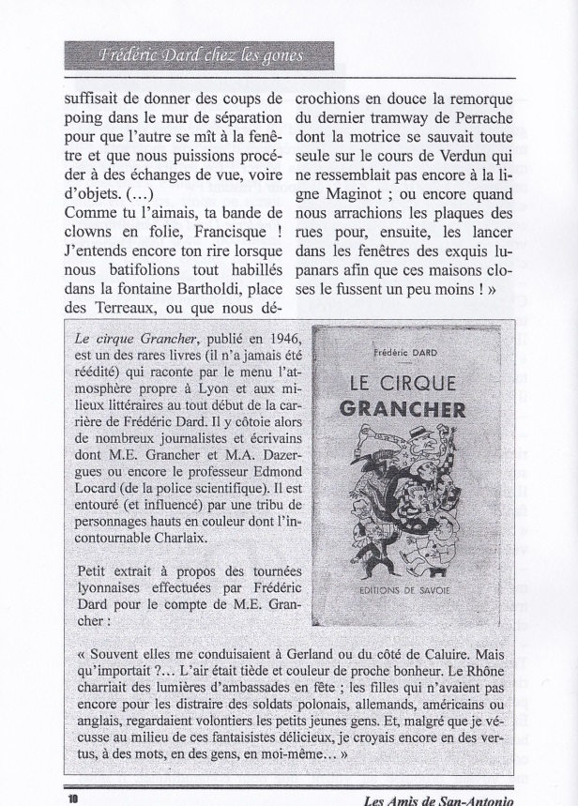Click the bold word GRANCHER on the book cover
[x=404, y=410]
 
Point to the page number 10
[x=72, y=798]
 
